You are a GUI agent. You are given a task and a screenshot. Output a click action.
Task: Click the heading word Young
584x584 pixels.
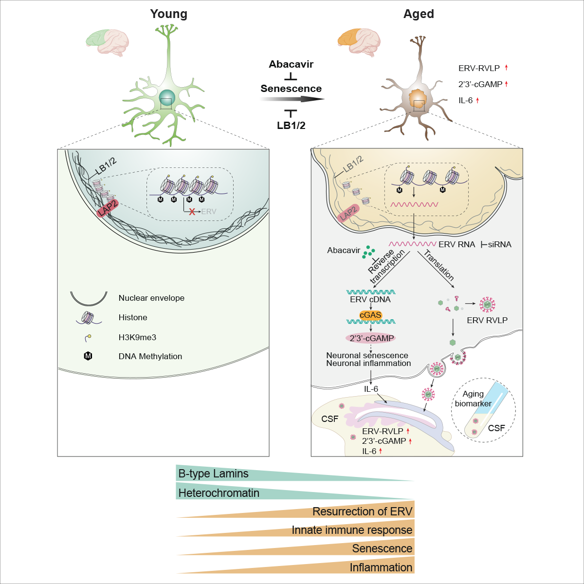(x=168, y=14)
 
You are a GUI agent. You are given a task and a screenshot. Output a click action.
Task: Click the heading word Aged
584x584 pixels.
(x=419, y=14)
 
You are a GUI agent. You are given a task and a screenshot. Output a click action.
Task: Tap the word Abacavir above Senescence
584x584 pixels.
(x=291, y=64)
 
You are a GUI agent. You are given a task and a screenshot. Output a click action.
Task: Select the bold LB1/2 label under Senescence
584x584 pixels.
(x=291, y=125)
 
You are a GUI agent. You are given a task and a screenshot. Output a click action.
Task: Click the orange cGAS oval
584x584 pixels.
(x=370, y=315)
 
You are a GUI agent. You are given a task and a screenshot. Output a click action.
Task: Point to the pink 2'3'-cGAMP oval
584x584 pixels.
(x=371, y=338)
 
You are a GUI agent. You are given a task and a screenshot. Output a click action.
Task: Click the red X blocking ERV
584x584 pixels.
(x=193, y=212)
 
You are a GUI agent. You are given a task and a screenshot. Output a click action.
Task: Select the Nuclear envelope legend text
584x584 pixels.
(x=151, y=298)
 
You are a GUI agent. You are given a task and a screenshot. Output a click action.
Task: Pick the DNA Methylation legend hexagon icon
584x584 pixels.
(x=88, y=356)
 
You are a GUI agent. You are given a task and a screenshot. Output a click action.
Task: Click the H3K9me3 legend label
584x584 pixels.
(x=137, y=337)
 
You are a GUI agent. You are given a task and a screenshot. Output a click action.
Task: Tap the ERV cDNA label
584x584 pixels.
(x=370, y=300)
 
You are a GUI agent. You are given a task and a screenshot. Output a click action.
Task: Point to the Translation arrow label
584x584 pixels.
(x=439, y=265)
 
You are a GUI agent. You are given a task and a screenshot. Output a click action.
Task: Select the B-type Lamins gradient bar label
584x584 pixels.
(x=213, y=474)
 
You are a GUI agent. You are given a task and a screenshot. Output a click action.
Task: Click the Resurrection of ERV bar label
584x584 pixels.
(x=362, y=511)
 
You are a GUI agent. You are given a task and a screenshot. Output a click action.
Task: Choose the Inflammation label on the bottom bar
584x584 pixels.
(x=381, y=567)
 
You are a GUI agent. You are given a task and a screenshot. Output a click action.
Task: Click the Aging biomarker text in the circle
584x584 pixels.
(x=473, y=399)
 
